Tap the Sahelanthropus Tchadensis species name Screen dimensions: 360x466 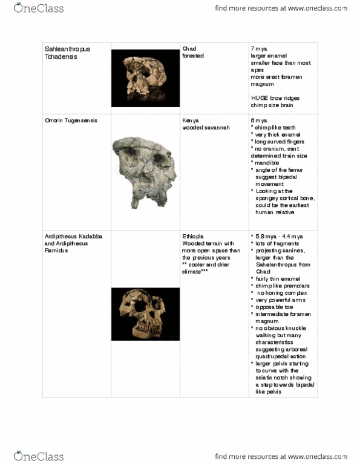pyautogui.click(x=67, y=52)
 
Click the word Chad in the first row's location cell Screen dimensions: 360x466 pyautogui.click(x=189, y=48)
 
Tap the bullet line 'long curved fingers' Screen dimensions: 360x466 pyautogui.click(x=279, y=142)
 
